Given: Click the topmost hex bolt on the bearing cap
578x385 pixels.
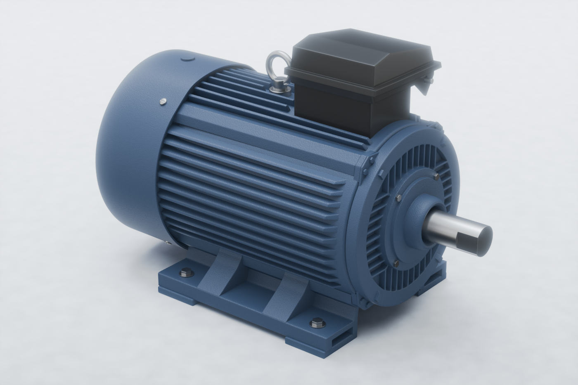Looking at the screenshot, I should pos(436,177).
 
